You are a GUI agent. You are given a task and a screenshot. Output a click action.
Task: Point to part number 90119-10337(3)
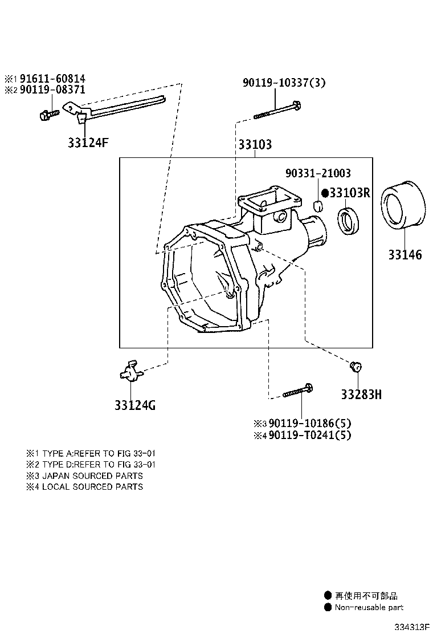coord(284,83)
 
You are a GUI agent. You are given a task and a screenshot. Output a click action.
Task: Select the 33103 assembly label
coord(255,145)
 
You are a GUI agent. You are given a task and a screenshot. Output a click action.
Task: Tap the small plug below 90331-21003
coord(320,205)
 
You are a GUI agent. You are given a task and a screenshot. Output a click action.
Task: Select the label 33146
coord(405,255)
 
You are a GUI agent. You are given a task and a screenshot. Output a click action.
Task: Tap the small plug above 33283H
coord(356,365)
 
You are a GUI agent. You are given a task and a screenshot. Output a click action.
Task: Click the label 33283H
coord(361,394)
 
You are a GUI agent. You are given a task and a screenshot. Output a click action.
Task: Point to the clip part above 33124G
coord(130,371)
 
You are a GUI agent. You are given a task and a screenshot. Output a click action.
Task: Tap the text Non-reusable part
coord(369,607)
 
